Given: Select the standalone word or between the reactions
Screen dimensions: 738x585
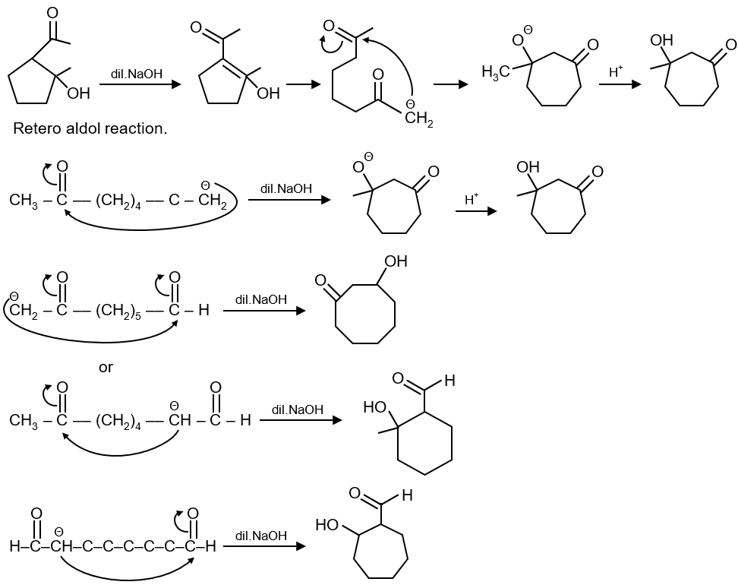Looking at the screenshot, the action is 106,367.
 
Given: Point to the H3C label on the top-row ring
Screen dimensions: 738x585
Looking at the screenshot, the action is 496,72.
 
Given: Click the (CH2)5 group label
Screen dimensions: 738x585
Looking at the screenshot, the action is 118,311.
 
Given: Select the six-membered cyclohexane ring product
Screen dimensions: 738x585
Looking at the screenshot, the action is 425,443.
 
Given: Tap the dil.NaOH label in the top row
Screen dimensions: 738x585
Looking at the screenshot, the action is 137,74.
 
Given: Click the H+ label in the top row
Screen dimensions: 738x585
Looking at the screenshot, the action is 616,71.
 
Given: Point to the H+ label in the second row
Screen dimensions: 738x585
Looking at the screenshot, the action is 471,199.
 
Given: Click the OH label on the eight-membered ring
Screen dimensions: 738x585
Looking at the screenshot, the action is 396,261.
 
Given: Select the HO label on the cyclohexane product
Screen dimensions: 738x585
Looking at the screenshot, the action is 375,407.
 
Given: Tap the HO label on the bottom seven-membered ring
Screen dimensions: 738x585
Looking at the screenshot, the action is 327,524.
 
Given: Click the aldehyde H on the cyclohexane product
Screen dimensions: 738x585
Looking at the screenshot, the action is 449,380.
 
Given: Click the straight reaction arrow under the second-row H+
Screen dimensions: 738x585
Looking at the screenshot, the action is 476,211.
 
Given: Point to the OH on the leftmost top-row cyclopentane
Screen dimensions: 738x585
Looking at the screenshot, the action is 79,93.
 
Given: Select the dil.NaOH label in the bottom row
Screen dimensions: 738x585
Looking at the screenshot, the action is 260,536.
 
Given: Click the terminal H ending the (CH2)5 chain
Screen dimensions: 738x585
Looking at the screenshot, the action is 203,311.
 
